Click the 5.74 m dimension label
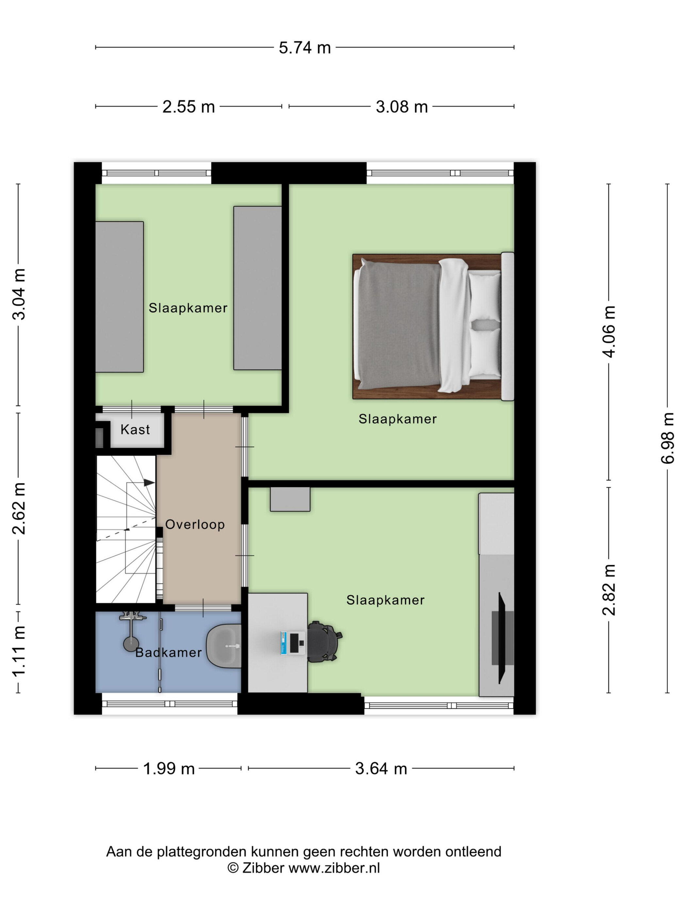pyautogui.click(x=304, y=48)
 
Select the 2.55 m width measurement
pyautogui.click(x=188, y=107)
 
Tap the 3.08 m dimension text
pyautogui.click(x=401, y=107)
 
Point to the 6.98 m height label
pyautogui.click(x=667, y=438)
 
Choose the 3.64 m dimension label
pyautogui.click(x=381, y=768)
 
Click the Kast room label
pyautogui.click(x=135, y=429)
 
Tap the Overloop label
pyautogui.click(x=195, y=524)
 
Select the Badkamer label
pyautogui.click(x=169, y=653)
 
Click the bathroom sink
pyautogui.click(x=224, y=645)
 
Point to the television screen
pyautogui.click(x=501, y=638)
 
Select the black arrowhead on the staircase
pyautogui.click(x=149, y=482)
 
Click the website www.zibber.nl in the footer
pyautogui.click(x=334, y=868)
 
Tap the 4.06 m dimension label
pyautogui.click(x=609, y=332)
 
